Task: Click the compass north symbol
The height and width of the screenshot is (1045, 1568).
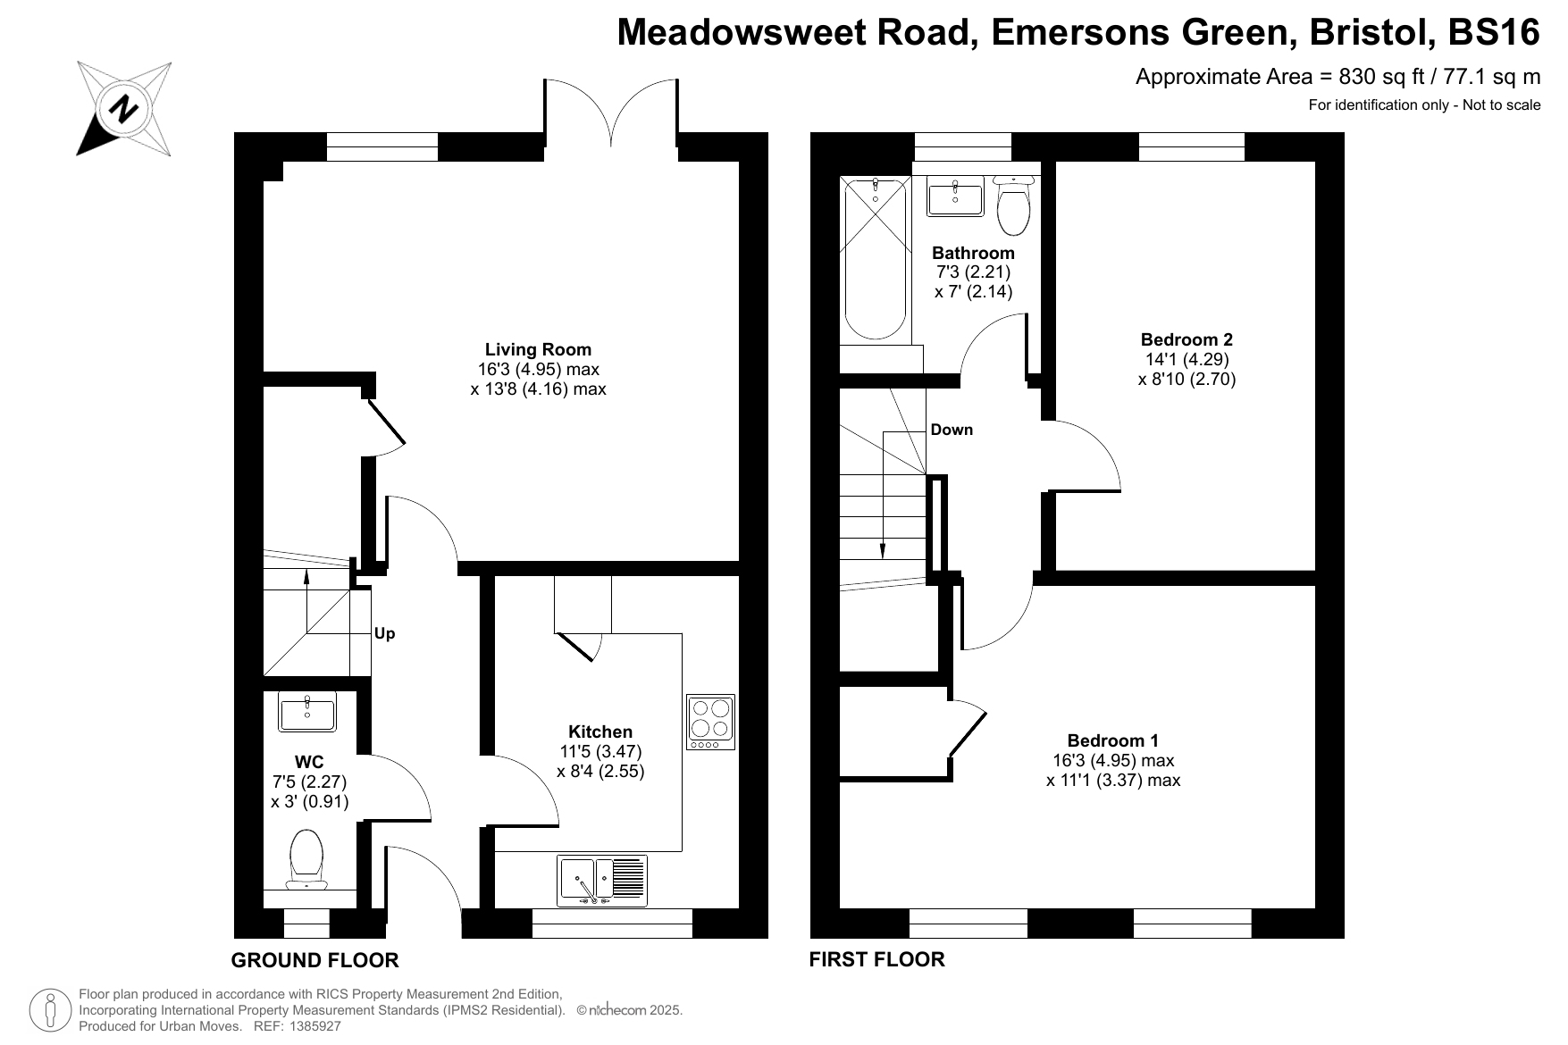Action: coord(123,108)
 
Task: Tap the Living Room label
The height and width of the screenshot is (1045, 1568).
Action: coord(538,349)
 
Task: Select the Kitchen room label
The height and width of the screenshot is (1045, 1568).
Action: coord(600,731)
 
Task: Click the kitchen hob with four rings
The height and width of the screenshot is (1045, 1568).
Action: coord(710,722)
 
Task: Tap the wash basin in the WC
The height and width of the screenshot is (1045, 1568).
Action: coord(307,712)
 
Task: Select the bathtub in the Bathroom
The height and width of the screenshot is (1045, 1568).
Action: coord(876,258)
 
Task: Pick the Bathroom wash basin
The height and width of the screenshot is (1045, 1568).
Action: coord(955,196)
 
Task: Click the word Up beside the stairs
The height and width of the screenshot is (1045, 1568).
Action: coord(384,633)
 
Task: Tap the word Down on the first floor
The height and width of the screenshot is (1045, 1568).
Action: coord(952,430)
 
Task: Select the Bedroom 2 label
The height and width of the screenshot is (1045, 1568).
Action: coord(1186,339)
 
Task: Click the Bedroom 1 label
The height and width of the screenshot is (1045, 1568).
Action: coord(1112,740)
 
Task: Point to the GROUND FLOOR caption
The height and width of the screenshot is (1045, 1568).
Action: coord(314,960)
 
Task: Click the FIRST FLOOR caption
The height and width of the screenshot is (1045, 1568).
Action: coord(876,959)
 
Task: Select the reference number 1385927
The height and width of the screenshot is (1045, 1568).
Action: coord(311,1026)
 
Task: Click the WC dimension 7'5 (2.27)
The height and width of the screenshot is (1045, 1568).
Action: coord(309,782)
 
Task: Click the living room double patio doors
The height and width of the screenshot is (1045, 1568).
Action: coord(611,112)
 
